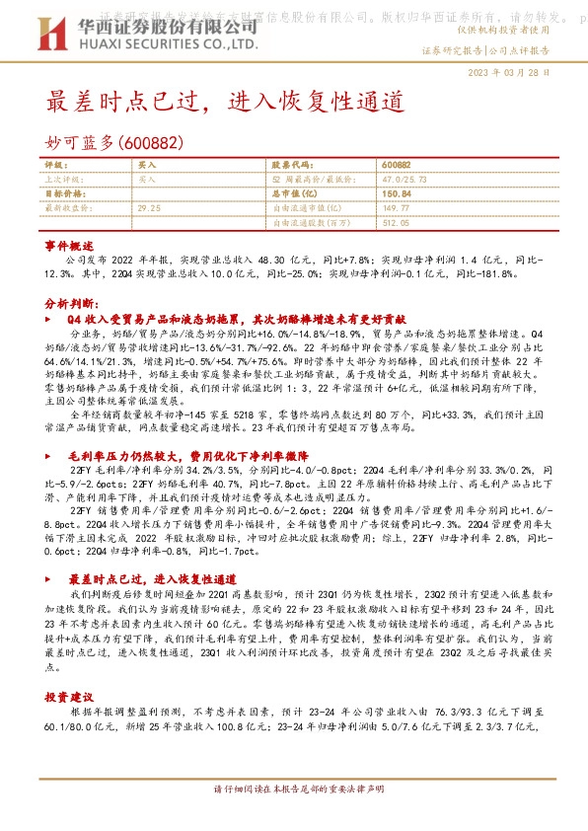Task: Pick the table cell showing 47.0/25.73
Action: pos(402,180)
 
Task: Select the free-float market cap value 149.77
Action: pos(395,208)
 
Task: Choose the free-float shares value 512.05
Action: pos(395,223)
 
